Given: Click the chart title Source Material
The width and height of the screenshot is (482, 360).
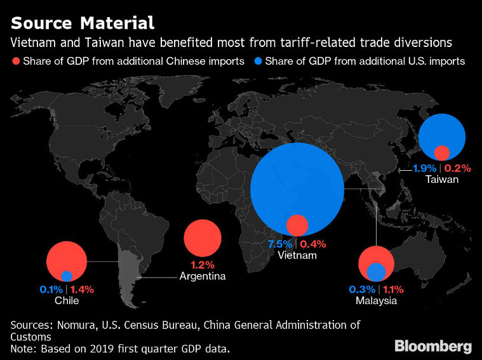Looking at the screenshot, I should click(83, 23).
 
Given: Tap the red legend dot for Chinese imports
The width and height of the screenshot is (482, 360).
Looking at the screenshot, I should click(16, 62).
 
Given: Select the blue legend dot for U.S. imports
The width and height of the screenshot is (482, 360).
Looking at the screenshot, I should click(258, 62).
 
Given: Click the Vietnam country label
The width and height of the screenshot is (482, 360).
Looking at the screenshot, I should click(297, 255).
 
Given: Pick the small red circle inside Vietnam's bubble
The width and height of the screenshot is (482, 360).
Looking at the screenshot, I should click(297, 225).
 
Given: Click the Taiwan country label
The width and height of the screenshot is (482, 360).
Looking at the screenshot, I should click(443, 180).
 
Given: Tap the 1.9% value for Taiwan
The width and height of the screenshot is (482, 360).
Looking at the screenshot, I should click(424, 168).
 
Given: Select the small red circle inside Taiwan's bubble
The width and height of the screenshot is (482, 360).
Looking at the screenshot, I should click(442, 152).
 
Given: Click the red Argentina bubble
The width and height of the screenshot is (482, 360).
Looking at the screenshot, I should click(203, 239).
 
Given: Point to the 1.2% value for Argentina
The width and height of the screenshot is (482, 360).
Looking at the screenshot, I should click(203, 265).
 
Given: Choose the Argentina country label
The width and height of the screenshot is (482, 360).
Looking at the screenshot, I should click(203, 276).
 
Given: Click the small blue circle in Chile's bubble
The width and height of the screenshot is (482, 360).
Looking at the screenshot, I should click(67, 276).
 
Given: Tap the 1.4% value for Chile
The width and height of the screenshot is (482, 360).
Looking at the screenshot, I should click(81, 289).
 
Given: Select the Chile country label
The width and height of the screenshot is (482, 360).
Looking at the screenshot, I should click(67, 300).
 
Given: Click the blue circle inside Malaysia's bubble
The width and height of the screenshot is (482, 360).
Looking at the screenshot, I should click(377, 272).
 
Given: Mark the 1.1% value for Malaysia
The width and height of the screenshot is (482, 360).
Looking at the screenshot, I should click(391, 289).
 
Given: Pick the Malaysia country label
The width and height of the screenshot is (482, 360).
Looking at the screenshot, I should click(377, 300).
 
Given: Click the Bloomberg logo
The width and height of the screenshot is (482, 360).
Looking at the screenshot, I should click(433, 346).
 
